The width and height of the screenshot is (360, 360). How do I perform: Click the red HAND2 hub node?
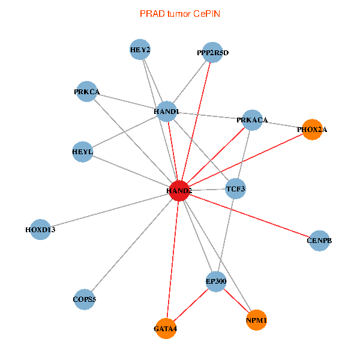point(179,190)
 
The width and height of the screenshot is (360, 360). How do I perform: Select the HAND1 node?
point(166,112)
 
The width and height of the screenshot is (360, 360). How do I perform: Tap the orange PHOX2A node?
point(312,129)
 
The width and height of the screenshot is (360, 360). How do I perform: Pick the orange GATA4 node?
point(166,328)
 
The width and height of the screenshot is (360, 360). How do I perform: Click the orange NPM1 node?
point(256,320)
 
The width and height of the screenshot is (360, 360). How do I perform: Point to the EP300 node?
point(215,280)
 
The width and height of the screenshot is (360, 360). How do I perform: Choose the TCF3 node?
point(236,190)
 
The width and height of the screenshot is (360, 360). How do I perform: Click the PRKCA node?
point(86,92)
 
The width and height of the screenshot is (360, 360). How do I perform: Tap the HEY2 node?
point(140,50)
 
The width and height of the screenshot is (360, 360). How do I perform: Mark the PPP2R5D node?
point(212,53)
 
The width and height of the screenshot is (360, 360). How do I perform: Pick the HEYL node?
point(83,152)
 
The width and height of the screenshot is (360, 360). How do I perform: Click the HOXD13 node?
point(40,229)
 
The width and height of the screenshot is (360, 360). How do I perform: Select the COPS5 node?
point(85,299)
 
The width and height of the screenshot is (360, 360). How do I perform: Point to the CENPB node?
point(319,241)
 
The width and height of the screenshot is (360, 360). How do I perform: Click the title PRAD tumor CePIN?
point(179,13)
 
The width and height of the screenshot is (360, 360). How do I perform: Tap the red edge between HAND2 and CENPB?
point(249,215)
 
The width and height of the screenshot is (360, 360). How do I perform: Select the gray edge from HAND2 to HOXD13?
point(110,209)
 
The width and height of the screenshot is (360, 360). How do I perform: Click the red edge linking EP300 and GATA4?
point(191,304)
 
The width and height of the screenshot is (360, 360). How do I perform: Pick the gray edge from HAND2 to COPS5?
point(132,244)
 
